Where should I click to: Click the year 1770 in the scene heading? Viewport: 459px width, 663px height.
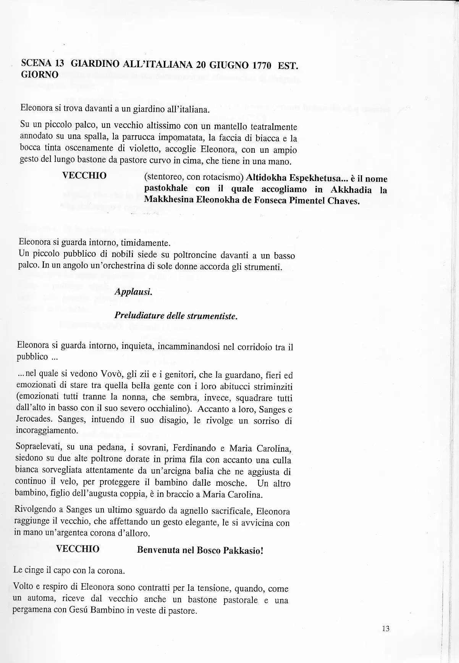point(260,66)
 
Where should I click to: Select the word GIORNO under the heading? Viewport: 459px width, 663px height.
point(39,74)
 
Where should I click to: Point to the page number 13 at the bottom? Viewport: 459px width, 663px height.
point(385,628)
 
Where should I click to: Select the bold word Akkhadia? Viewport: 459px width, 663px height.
point(351,189)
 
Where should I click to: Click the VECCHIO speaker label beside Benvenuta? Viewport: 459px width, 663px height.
point(78,549)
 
